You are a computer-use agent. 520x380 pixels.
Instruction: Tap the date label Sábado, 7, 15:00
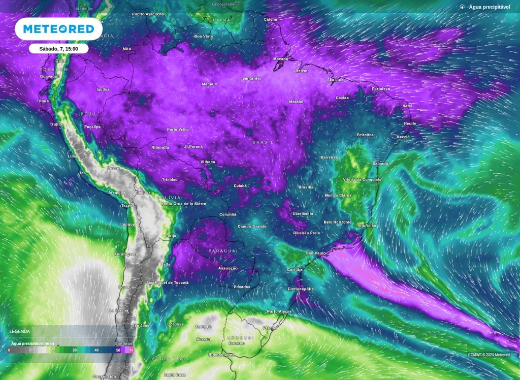(58, 48)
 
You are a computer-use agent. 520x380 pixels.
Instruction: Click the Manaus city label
(209, 84)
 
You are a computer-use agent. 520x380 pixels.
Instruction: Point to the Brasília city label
(306, 187)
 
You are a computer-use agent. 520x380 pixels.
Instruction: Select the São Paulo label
(315, 252)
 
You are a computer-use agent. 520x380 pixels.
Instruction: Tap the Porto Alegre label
(279, 311)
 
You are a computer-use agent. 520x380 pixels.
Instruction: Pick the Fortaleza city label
(380, 89)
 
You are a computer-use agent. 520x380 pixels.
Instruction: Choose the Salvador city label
(381, 164)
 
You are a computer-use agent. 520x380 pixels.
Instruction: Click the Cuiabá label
(240, 186)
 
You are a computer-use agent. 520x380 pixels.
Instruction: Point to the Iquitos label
(103, 89)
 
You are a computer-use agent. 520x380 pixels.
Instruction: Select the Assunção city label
(227, 268)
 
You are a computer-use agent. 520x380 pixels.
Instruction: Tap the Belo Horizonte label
(337, 222)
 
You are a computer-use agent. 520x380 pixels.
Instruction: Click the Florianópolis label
(301, 289)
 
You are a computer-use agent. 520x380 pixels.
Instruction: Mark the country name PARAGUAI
(223, 251)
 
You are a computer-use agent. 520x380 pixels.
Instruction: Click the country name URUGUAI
(240, 337)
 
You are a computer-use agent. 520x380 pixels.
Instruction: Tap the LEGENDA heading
(20, 331)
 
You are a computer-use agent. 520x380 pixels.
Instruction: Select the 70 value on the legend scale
(132, 351)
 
